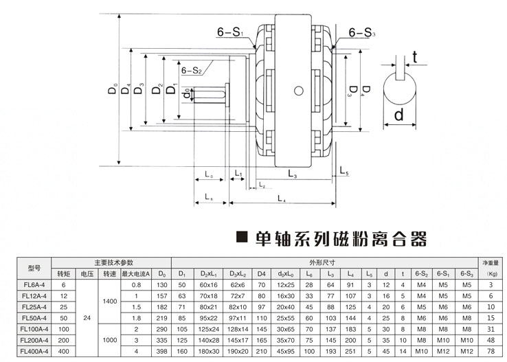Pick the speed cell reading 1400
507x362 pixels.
click(x=109, y=301)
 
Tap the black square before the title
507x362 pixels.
click(x=241, y=239)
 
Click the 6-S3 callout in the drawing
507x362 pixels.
click(x=361, y=32)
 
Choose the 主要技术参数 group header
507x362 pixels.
click(x=113, y=262)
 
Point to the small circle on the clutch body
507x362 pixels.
click(x=299, y=90)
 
